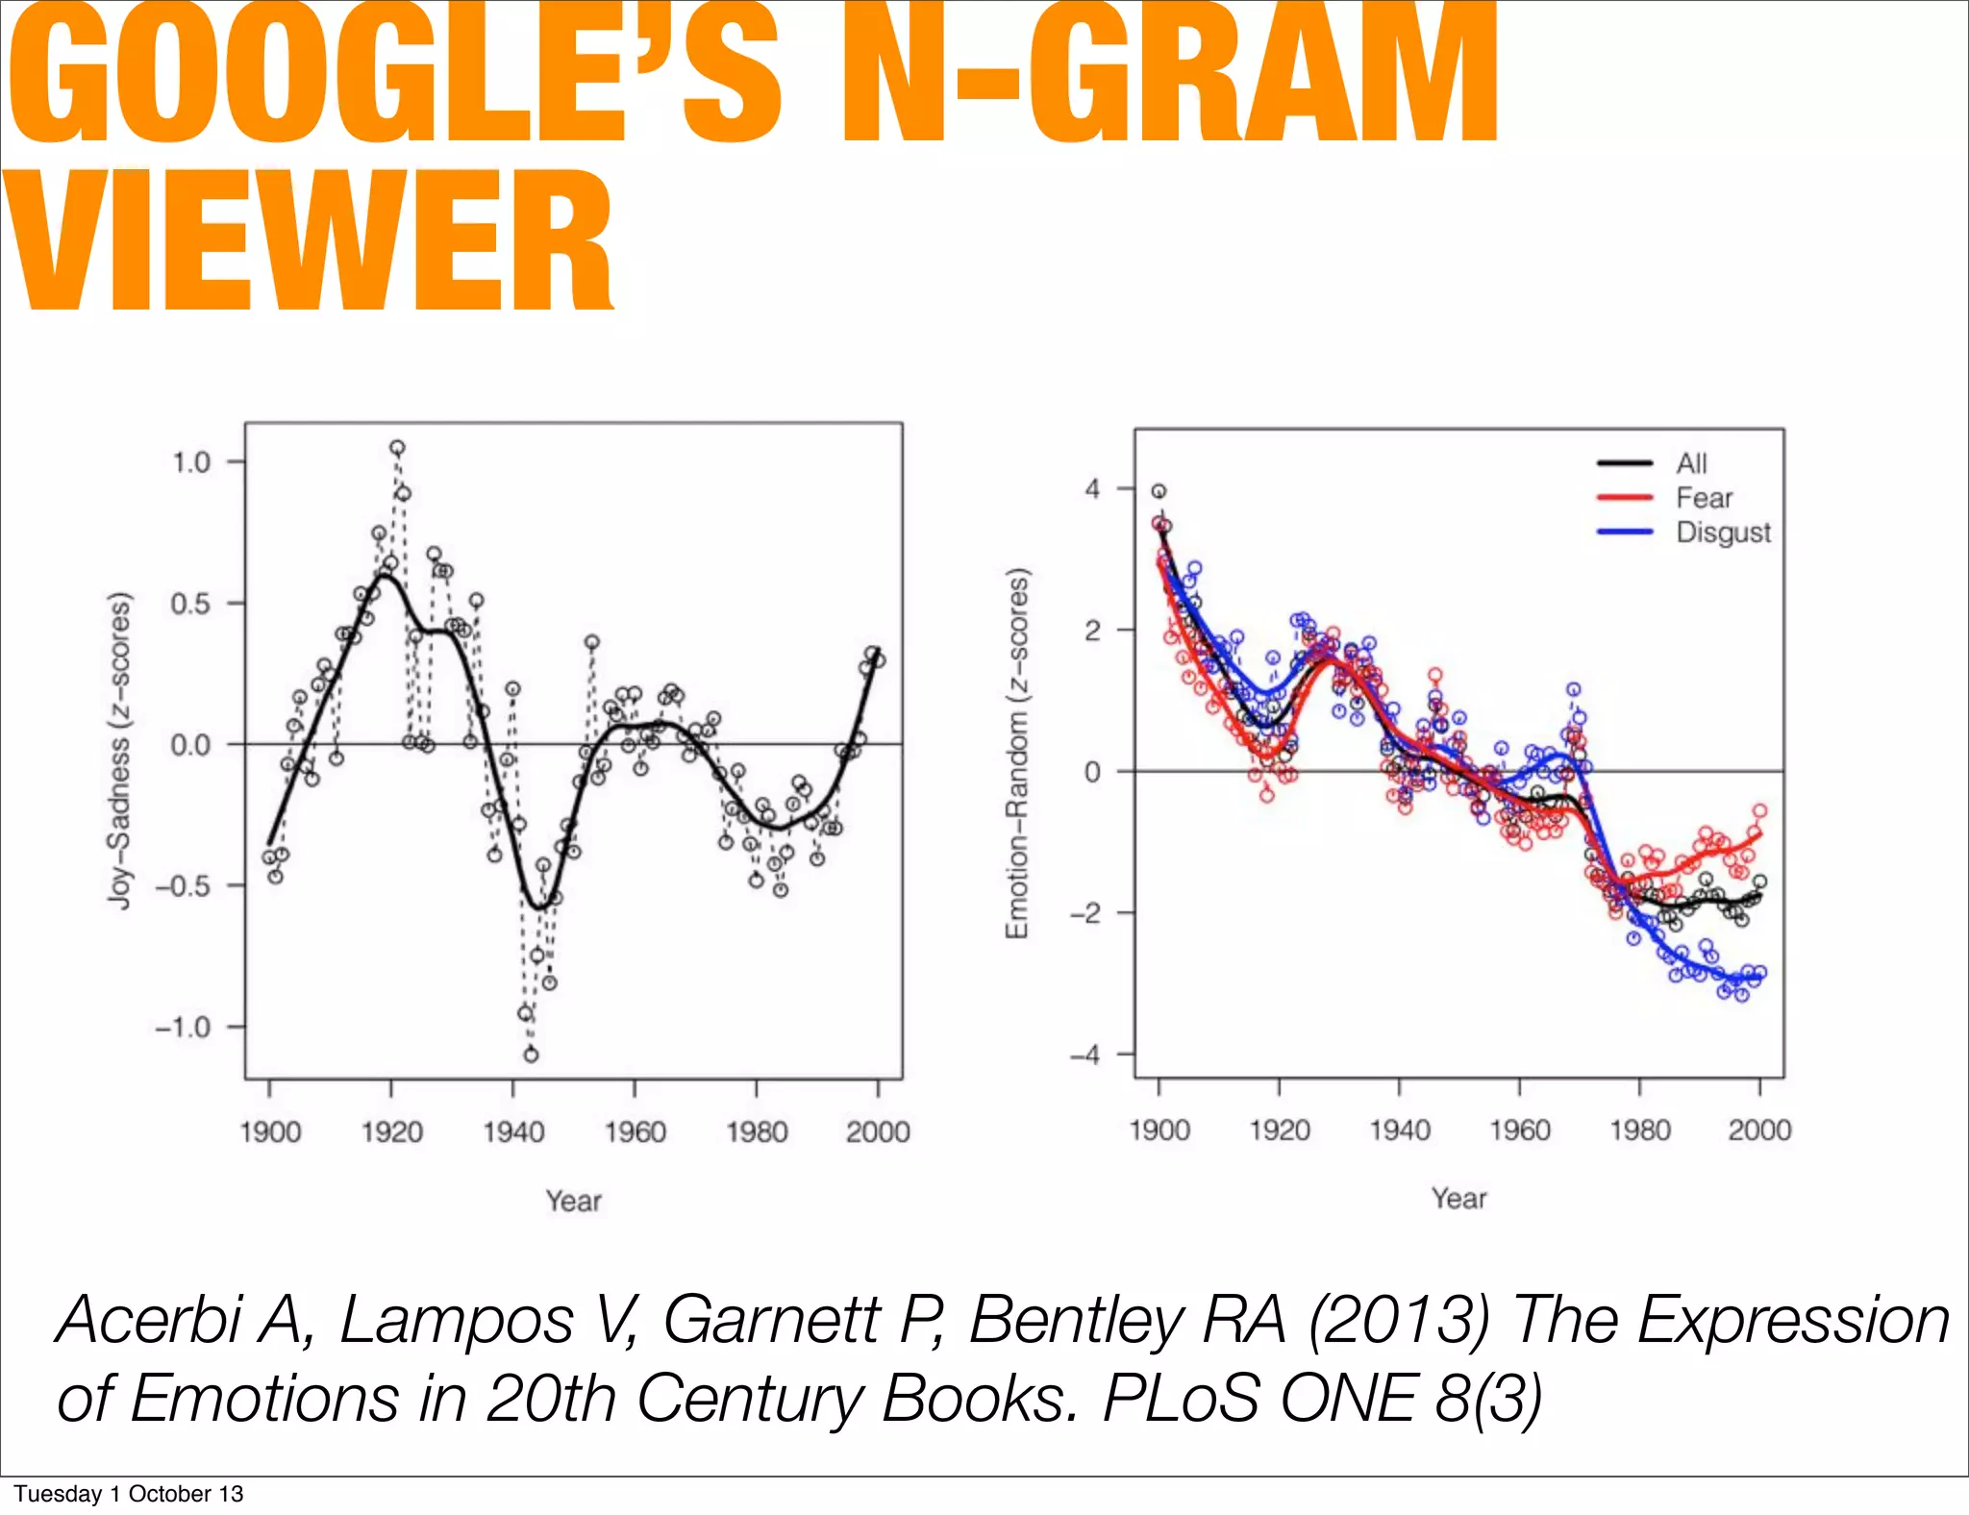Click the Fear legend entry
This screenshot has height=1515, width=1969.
(1703, 498)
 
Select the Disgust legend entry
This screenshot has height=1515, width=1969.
(1722, 533)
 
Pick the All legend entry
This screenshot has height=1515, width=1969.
(1691, 463)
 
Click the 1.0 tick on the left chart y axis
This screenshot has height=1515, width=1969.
(190, 462)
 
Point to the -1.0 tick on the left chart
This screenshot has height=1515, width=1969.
(183, 1028)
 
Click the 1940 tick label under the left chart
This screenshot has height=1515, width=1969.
(512, 1132)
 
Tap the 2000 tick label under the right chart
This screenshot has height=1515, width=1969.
(1758, 1130)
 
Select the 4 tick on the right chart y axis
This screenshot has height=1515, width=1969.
(1092, 489)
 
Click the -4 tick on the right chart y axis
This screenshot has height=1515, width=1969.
(1085, 1055)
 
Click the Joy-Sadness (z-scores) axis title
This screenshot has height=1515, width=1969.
(118, 750)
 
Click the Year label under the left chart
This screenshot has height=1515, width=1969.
(573, 1201)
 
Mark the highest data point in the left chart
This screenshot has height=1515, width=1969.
(397, 448)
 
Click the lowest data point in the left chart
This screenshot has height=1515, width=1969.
(531, 1055)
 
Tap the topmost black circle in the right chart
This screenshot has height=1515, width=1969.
(1159, 491)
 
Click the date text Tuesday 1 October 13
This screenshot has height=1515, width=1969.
(128, 1494)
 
